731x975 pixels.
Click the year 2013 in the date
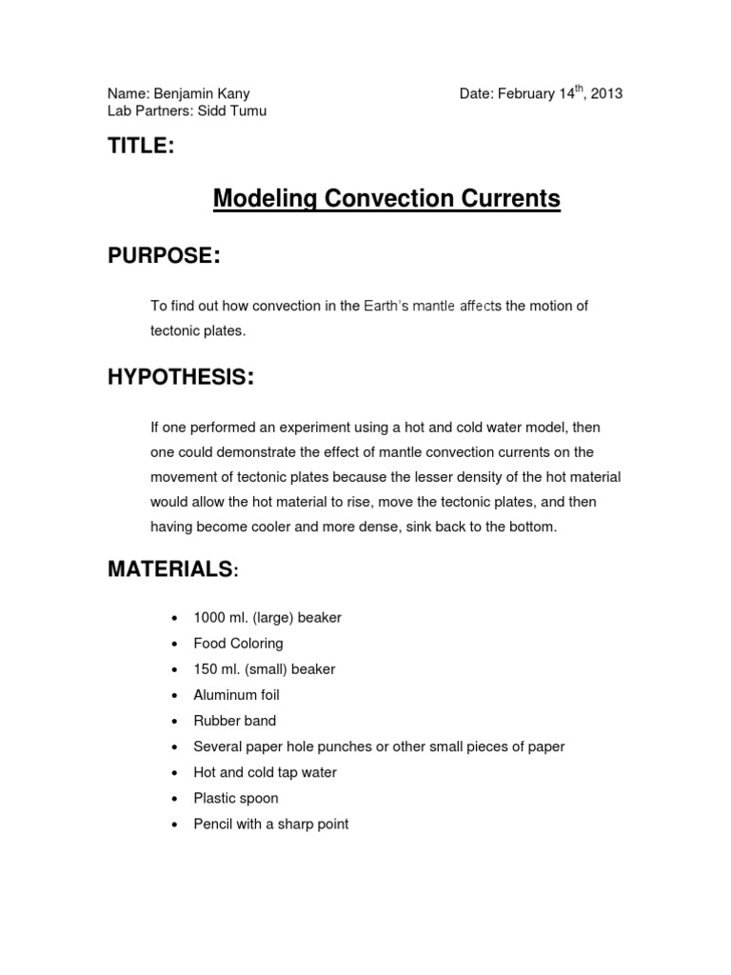click(x=606, y=94)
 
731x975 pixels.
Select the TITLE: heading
click(x=141, y=146)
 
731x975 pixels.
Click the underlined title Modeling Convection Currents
click(x=386, y=198)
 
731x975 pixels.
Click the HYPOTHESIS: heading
click(x=180, y=378)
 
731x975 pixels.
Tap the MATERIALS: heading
click(x=173, y=569)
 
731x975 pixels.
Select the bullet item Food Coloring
click(x=238, y=644)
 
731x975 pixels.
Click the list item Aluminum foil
click(x=236, y=695)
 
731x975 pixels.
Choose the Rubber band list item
click(x=234, y=721)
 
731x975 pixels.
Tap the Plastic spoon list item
click(x=235, y=798)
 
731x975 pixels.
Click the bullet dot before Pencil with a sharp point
click(x=173, y=825)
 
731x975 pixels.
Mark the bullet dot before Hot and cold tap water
click(x=173, y=773)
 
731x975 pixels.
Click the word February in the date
click(x=524, y=94)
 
